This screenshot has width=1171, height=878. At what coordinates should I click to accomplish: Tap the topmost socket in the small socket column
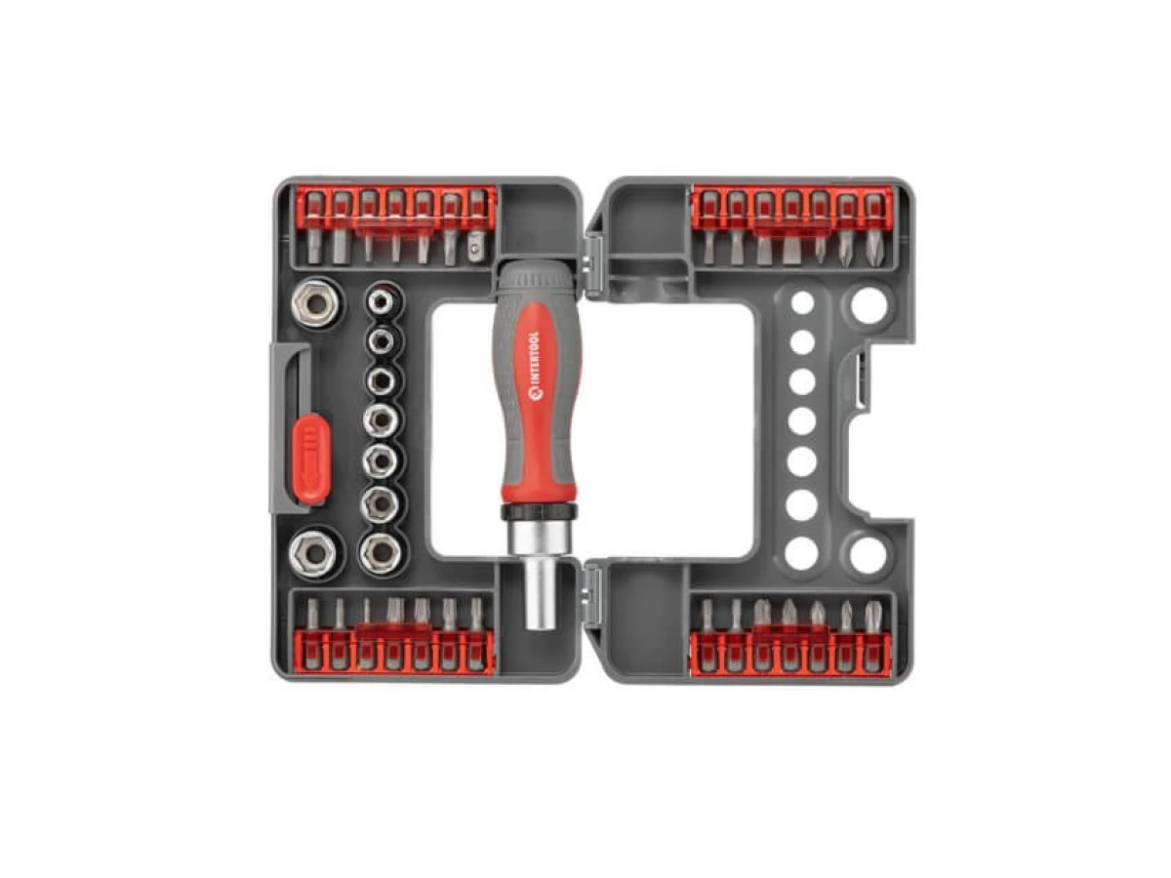coord(382,301)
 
